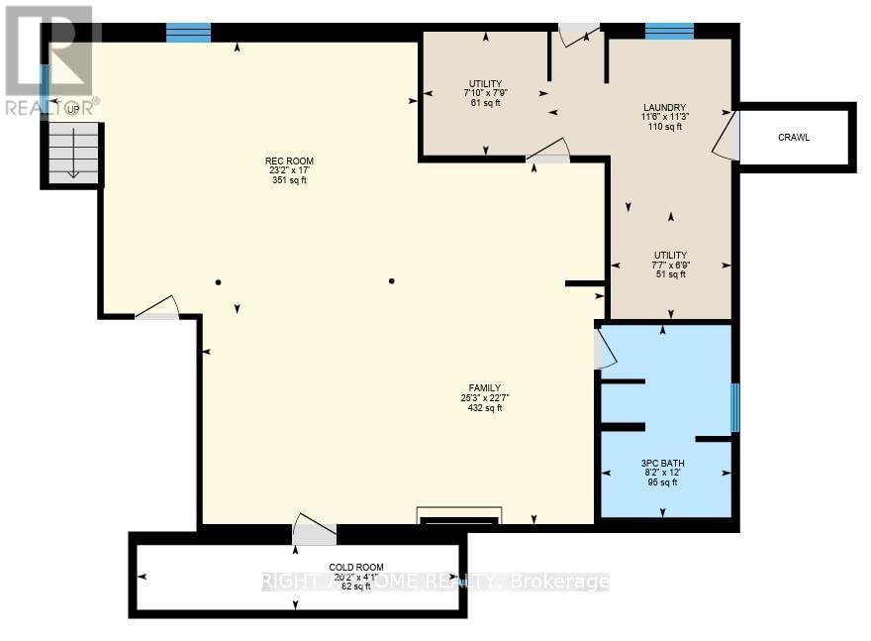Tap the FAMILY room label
[x=485, y=387]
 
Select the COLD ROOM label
[x=355, y=567]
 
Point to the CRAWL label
[x=793, y=138]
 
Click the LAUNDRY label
[x=664, y=108]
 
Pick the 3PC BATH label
[x=662, y=463]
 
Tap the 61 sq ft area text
[x=484, y=103]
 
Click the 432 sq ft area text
[x=485, y=407]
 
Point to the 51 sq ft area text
[x=670, y=274]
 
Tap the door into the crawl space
[x=727, y=138]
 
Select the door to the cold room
[x=315, y=531]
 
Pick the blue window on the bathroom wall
[x=734, y=408]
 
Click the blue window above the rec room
[x=188, y=33]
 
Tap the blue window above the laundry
[x=669, y=32]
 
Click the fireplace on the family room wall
[x=460, y=516]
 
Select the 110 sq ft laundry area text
[x=664, y=127]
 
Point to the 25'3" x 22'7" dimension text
[x=485, y=397]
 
